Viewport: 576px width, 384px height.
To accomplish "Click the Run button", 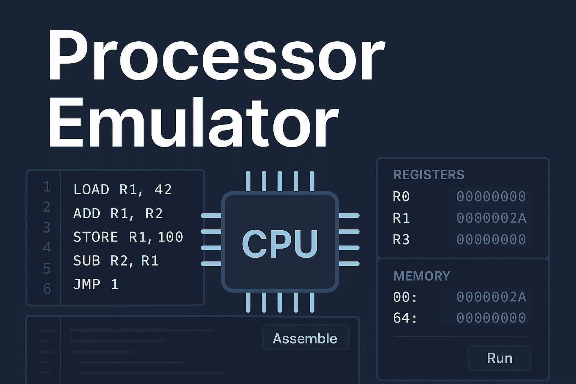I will click(x=499, y=358).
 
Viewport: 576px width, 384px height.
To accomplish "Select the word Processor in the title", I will click(x=216, y=56).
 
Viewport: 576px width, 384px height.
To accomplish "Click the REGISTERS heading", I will click(x=429, y=175).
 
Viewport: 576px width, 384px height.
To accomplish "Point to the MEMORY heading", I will click(x=421, y=276).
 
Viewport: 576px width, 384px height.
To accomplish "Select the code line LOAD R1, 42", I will click(x=123, y=190).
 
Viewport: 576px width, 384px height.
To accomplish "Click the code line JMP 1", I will click(x=96, y=284).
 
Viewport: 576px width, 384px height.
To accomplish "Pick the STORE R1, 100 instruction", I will click(x=128, y=237).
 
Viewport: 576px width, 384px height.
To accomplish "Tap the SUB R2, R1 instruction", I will click(x=116, y=261).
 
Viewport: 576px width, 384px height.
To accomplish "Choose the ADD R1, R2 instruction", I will click(x=118, y=213).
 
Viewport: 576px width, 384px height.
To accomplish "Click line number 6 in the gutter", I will click(x=47, y=288).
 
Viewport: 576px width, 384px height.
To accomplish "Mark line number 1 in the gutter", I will click(x=47, y=187).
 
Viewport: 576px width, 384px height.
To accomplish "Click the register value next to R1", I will click(x=491, y=218).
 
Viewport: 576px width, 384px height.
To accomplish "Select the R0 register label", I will click(x=401, y=196).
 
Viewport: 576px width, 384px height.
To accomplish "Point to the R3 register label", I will click(x=401, y=239).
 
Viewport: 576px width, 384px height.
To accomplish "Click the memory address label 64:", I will click(x=405, y=318).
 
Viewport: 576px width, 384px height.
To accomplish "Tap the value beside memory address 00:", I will click(x=491, y=297).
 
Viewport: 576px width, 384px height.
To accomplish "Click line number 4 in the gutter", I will click(x=47, y=247).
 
